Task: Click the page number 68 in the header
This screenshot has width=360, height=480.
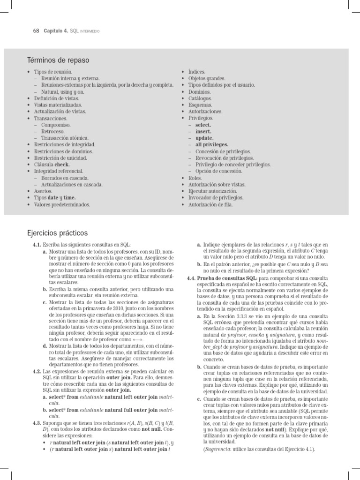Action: [36, 31]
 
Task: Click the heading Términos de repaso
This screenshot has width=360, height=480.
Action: [58, 60]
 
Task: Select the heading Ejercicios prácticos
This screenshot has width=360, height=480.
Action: [58, 233]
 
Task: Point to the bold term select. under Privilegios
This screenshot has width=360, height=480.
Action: [203, 125]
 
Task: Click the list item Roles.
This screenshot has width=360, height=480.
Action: [195, 178]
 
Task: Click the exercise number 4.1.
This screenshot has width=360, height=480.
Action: [37, 245]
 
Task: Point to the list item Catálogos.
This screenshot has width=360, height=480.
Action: [200, 98]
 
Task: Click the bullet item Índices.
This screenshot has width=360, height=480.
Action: [196, 72]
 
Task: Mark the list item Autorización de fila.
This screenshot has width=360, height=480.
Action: [210, 205]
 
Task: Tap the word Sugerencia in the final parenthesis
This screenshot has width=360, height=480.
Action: [217, 449]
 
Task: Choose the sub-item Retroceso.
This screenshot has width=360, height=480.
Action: [53, 132]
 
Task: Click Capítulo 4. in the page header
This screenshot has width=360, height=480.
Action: [56, 31]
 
